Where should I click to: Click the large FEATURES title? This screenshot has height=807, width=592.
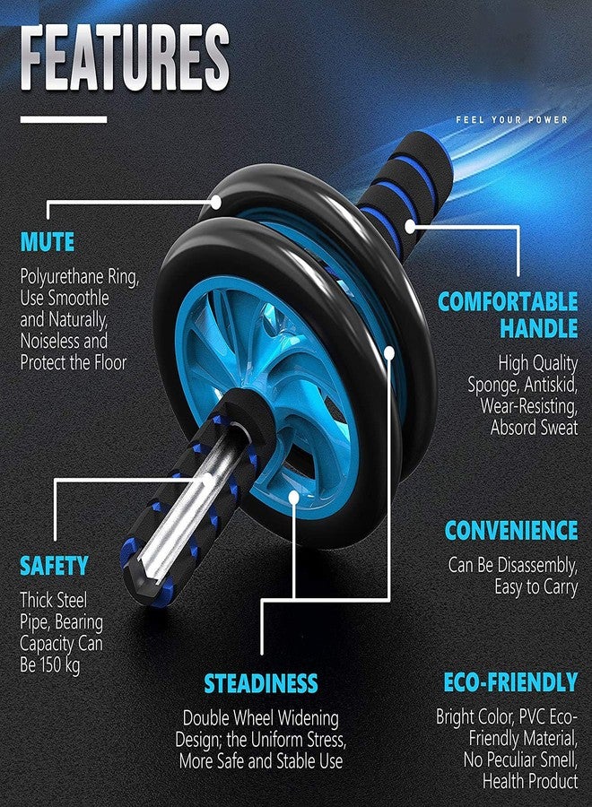tap(125, 57)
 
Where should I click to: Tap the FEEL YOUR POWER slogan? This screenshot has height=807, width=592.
tap(511, 119)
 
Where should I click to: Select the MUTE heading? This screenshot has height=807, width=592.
tap(48, 242)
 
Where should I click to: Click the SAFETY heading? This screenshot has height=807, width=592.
tap(54, 566)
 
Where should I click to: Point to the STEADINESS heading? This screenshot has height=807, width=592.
tap(261, 683)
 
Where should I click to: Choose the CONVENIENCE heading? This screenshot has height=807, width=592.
tap(511, 530)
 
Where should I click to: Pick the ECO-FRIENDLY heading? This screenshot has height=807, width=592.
tap(510, 682)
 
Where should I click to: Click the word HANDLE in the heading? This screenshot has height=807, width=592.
tap(539, 328)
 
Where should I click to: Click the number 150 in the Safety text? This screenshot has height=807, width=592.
tap(50, 664)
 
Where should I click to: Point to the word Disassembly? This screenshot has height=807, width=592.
tap(538, 565)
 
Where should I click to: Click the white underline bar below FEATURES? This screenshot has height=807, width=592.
tap(64, 119)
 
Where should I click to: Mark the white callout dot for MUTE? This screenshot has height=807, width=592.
tap(215, 203)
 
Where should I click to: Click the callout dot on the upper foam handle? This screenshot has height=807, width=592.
tap(410, 227)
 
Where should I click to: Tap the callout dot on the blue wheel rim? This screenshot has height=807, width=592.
tap(294, 497)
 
